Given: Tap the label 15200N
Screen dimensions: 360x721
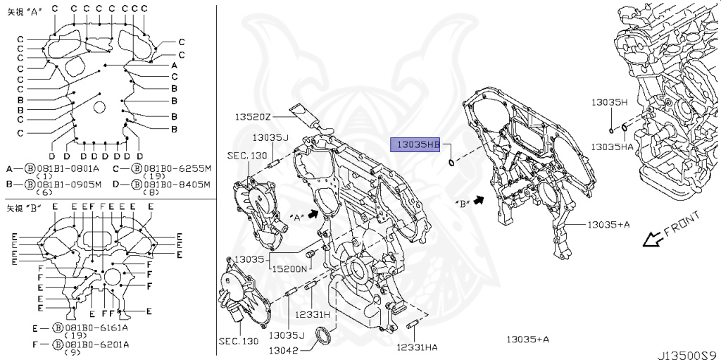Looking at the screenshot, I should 289,268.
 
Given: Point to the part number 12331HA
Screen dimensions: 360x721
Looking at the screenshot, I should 416,347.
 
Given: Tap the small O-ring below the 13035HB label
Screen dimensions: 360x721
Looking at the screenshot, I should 450,164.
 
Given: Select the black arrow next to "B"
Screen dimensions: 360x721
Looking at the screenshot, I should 480,201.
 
